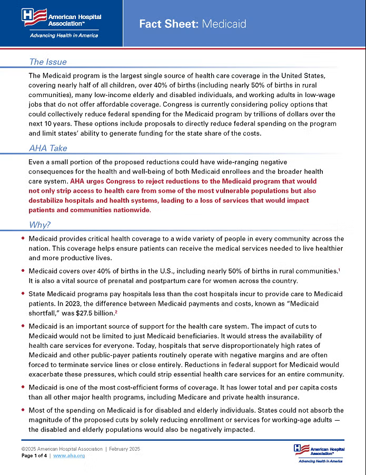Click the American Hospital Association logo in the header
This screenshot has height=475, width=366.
62,18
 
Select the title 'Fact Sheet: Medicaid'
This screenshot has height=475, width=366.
192,24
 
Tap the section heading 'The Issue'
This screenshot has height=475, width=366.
47,62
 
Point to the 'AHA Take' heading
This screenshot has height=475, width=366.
48,148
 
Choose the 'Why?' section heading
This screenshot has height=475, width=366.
39,225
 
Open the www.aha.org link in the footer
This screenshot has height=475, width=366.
69,455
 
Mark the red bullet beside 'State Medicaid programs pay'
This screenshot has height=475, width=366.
23,293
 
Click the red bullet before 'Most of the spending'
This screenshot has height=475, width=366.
23,410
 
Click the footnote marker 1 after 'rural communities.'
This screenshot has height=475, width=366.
339,270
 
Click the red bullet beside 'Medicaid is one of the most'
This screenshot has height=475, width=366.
23,387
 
